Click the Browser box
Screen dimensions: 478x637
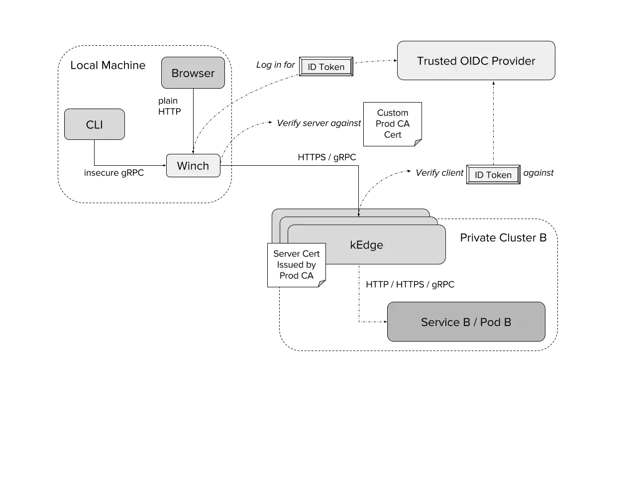click(x=193, y=73)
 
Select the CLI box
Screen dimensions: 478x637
click(x=94, y=124)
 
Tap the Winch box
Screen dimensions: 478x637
click(x=193, y=166)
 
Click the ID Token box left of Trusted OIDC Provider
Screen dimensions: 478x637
click(x=326, y=67)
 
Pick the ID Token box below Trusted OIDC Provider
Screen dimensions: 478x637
click(x=493, y=175)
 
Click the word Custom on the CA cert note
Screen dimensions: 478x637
click(x=392, y=113)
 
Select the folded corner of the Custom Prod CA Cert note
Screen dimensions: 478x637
click(x=418, y=143)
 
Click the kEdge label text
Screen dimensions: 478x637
click(x=366, y=245)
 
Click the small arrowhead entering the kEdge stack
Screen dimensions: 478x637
click(x=358, y=215)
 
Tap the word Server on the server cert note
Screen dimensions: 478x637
click(x=285, y=254)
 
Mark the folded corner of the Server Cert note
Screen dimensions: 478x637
click(x=322, y=283)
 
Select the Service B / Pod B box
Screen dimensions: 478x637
click(x=466, y=322)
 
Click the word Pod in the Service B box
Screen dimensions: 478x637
click(x=490, y=322)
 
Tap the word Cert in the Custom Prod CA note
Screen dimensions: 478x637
click(x=392, y=135)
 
